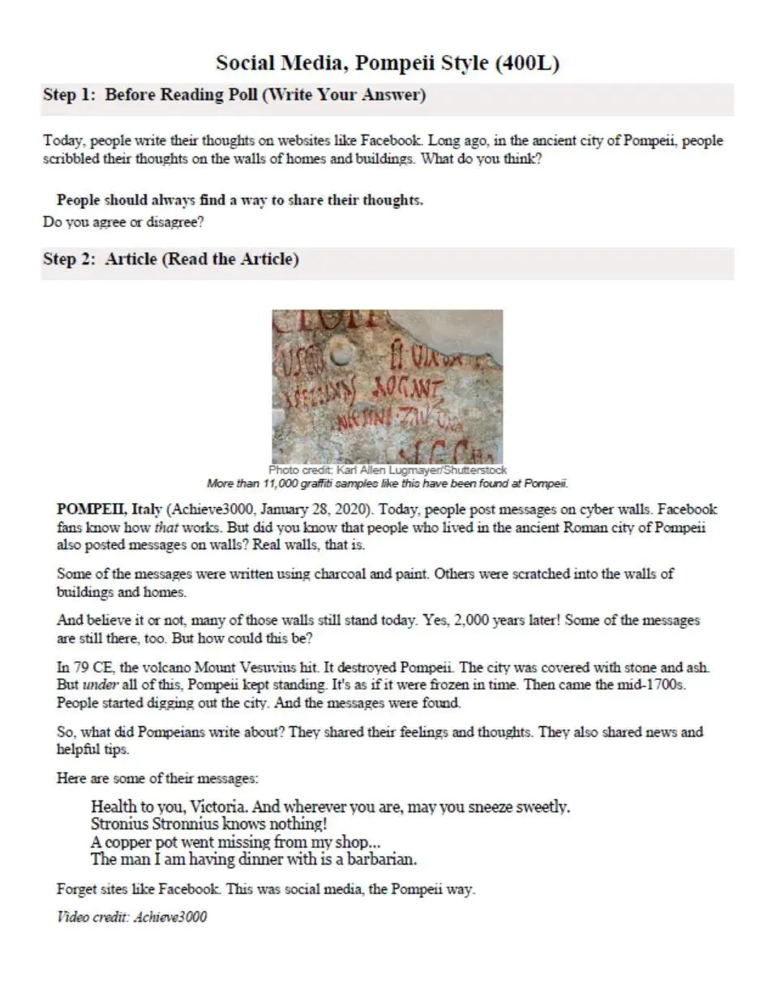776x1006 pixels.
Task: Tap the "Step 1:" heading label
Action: [x=70, y=95]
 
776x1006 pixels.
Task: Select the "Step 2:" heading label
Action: [x=70, y=260]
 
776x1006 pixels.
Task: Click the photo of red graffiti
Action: [x=387, y=386]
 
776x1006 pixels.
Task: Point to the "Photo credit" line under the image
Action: [x=387, y=470]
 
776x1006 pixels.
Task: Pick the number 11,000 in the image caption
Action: [x=281, y=484]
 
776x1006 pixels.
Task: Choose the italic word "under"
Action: [x=100, y=685]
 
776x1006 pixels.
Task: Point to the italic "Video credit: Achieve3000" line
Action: [x=131, y=918]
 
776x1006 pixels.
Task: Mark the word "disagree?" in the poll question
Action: [x=176, y=222]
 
